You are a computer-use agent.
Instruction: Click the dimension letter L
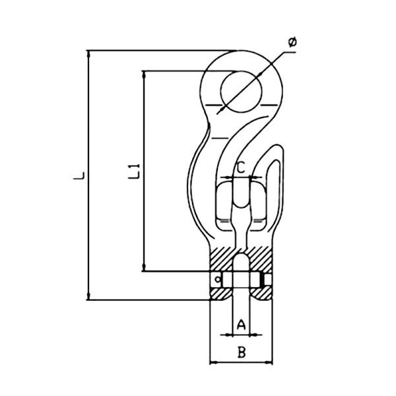click(x=79, y=175)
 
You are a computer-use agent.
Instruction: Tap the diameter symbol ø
click(x=292, y=43)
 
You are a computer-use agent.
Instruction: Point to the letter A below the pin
click(x=242, y=324)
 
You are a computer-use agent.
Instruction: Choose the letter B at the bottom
click(x=242, y=352)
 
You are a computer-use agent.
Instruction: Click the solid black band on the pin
click(x=265, y=280)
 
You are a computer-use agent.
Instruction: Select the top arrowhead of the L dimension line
click(x=88, y=53)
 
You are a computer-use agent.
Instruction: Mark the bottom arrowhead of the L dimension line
click(x=88, y=296)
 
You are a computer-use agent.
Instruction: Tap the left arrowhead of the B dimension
click(x=213, y=362)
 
